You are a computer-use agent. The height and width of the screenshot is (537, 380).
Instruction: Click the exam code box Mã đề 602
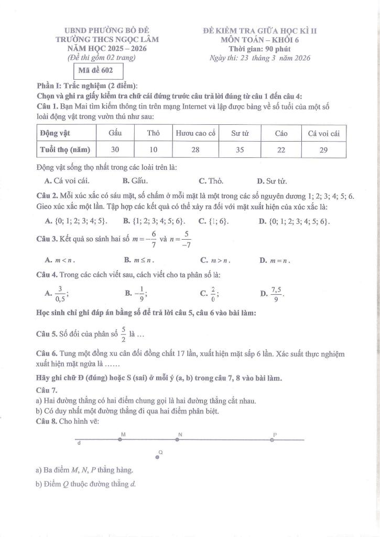click(x=92, y=70)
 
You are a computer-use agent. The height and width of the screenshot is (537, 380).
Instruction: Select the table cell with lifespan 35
click(x=240, y=149)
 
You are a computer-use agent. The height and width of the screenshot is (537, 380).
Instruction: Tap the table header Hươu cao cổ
click(x=196, y=134)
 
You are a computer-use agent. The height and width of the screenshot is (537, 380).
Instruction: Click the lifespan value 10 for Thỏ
click(x=153, y=149)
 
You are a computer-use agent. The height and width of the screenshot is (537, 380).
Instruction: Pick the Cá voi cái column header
click(x=324, y=134)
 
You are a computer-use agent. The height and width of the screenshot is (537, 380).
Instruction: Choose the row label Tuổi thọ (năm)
click(x=65, y=149)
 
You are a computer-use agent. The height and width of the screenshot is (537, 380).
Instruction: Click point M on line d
click(x=120, y=439)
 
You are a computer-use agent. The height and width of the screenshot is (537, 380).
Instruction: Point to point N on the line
click(x=177, y=439)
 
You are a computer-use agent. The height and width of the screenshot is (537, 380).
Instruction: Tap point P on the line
click(x=272, y=439)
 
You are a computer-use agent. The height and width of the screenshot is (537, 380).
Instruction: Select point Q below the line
click(x=157, y=457)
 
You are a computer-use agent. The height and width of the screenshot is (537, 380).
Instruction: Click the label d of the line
click(x=79, y=444)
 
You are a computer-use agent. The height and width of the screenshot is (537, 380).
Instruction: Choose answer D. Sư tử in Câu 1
click(x=272, y=181)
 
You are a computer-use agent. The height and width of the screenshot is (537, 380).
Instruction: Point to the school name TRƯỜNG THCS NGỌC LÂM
click(x=107, y=39)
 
